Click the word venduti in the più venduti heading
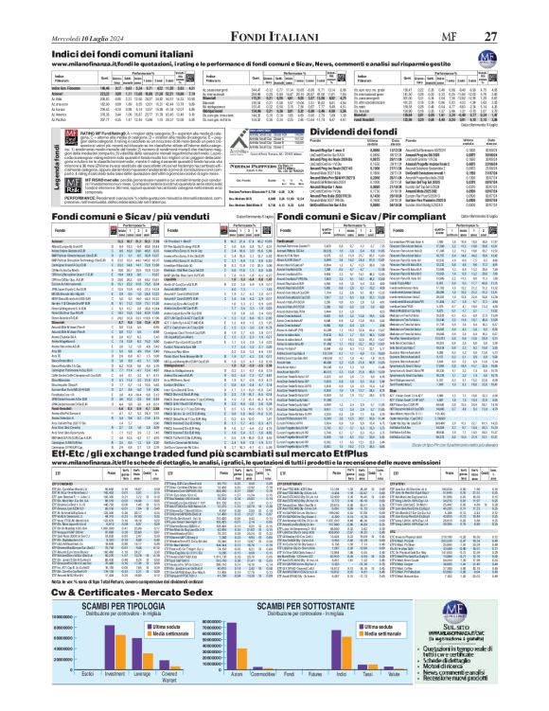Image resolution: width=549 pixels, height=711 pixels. tap(157, 220)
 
